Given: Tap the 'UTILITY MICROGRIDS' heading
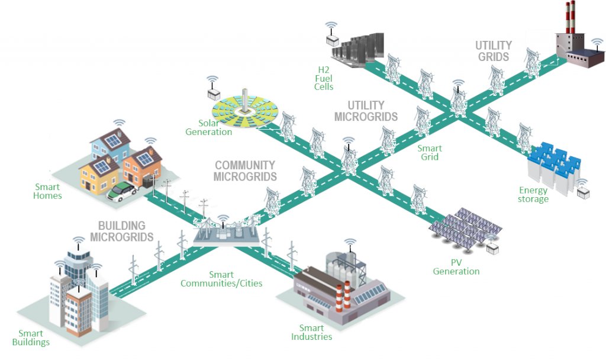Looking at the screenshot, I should [366, 111].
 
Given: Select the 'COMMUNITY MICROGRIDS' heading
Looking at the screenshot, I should [245, 171].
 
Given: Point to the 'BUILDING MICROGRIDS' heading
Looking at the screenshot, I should [121, 231].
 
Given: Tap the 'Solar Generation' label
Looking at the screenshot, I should [209, 127].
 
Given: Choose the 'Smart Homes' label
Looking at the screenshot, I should [47, 191].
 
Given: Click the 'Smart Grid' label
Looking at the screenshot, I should [429, 153].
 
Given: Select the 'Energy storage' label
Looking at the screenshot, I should [533, 194].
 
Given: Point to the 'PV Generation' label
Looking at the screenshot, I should [456, 267].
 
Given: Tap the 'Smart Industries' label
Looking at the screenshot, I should [311, 332].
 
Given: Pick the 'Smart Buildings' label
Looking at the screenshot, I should [30, 337].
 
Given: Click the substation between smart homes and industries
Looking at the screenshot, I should [225, 233].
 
